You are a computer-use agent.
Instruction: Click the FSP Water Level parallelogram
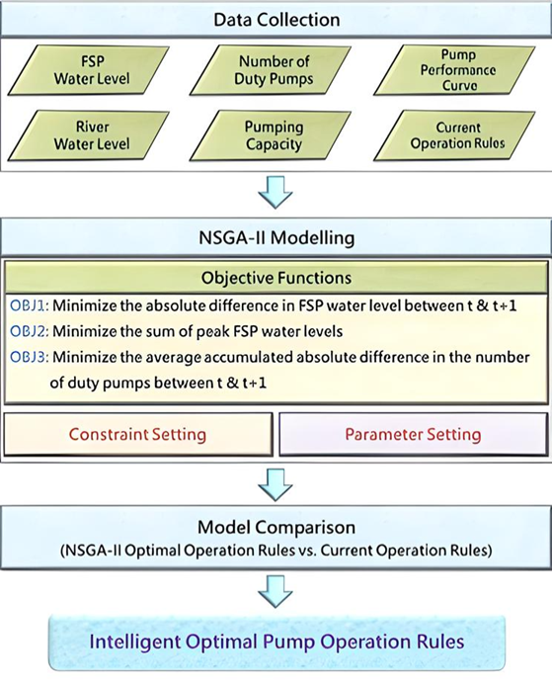89,70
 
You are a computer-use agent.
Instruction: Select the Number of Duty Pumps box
271,70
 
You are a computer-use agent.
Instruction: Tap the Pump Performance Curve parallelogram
454,70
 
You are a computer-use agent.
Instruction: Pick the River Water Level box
89,135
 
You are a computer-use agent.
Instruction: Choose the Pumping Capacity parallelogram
271,135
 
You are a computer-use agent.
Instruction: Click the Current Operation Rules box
454,135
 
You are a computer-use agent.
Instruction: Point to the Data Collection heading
276,20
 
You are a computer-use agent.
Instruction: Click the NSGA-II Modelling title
276,237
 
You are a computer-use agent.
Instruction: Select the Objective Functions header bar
276,278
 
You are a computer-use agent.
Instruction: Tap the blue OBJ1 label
29,305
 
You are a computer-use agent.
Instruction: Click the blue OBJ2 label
29,331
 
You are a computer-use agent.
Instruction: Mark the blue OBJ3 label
29,357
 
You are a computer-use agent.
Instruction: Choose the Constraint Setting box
138,434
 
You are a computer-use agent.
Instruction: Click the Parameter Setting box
414,434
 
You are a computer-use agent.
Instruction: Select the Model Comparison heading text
276,527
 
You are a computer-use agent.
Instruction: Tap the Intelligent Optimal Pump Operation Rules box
276,643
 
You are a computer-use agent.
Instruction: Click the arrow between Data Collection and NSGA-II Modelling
276,193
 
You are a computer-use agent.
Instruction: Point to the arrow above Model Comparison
276,484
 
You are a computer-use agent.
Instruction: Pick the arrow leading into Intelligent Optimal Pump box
276,591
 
